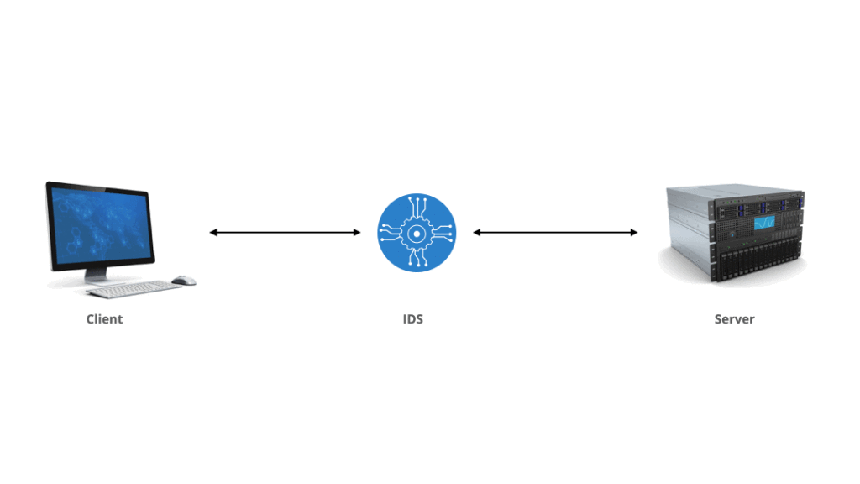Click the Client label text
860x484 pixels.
pos(104,319)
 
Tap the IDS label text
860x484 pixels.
pos(413,319)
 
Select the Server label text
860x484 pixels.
pos(734,319)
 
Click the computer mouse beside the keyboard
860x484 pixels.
pos(184,281)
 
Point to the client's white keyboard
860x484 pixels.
pos(134,289)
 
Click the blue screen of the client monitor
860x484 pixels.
pos(101,226)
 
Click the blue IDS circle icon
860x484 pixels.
pos(417,233)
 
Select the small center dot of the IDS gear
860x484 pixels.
pos(417,234)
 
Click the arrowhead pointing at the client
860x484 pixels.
pos(213,233)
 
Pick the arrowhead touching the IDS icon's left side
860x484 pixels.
pos(357,233)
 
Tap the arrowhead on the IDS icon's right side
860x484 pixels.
pos(477,233)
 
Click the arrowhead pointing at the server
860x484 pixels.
pos(634,233)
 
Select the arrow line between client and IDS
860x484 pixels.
pos(286,233)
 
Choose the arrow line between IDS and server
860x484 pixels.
pos(555,233)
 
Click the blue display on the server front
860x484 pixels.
pos(764,223)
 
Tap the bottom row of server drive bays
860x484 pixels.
pos(759,263)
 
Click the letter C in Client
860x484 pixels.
pos(91,319)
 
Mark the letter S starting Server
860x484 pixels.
pos(718,319)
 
